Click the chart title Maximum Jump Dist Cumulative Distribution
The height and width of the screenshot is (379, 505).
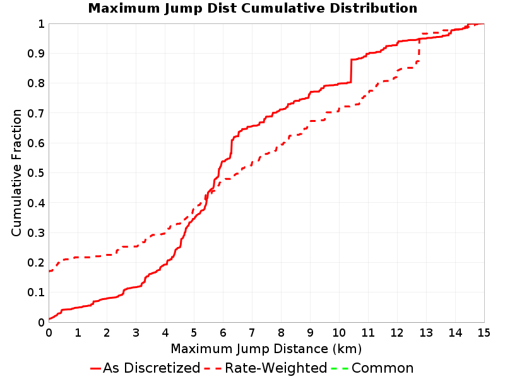pos(252,8)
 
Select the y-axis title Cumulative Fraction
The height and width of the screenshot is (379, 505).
pos(16,172)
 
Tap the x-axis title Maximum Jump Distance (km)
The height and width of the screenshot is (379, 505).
pos(266,349)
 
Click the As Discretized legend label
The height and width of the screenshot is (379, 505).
pos(151,368)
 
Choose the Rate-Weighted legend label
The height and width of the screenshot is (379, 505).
pos(276,368)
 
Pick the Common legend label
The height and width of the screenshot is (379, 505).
pos(383,368)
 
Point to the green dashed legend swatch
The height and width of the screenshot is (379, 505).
pos(340,368)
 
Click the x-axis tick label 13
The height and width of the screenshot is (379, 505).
pos(426,332)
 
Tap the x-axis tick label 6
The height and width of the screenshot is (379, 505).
pos(223,332)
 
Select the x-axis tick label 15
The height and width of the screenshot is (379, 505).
pos(484,332)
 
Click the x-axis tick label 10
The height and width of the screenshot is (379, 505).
pos(339,332)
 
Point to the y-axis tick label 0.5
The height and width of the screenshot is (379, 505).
pos(36,172)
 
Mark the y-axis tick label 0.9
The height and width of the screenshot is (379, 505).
pos(36,53)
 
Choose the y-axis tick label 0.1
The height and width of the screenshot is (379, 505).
pos(36,292)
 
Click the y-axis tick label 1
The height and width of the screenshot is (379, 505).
pos(41,23)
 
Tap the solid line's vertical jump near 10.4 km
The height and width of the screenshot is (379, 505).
pos(351,71)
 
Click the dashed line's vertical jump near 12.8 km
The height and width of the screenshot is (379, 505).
pos(419,49)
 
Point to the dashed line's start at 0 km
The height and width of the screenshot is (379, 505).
pos(49,271)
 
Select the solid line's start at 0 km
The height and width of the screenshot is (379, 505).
pos(49,319)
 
